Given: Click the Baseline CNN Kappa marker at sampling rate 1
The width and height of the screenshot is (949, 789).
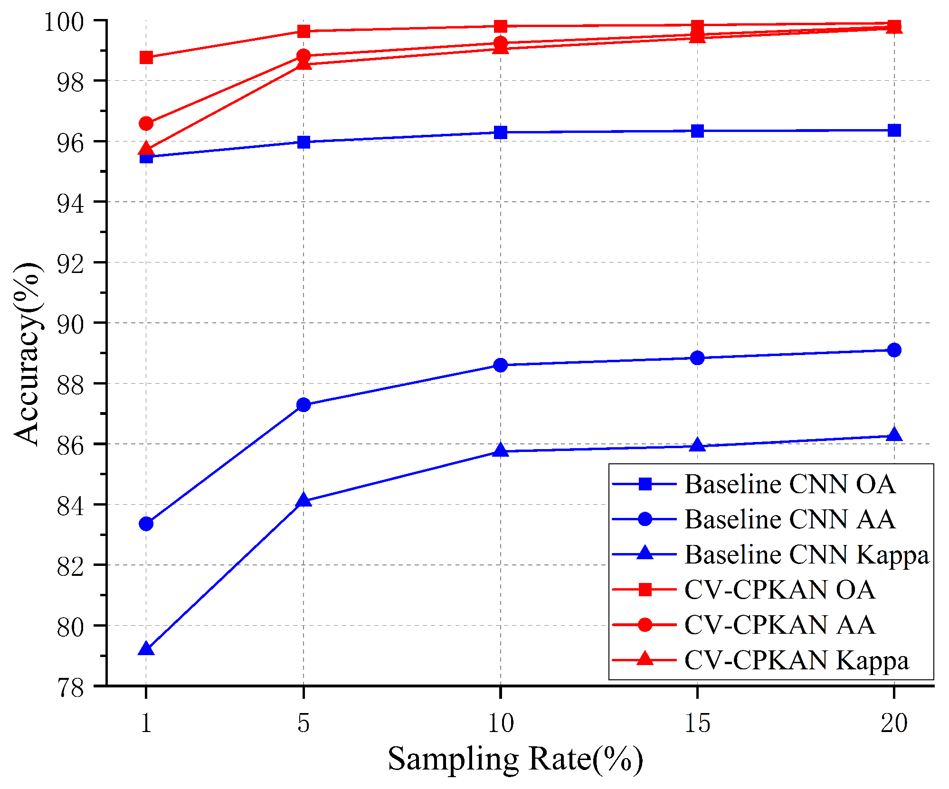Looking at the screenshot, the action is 146,648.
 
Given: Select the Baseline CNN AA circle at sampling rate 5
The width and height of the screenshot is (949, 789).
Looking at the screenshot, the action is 304,405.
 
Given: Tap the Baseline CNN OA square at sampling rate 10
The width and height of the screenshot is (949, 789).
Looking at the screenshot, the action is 500,132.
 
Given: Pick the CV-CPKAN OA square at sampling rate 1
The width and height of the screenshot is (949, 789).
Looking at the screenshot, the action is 146,58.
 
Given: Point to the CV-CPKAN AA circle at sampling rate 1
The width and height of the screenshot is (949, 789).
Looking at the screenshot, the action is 146,123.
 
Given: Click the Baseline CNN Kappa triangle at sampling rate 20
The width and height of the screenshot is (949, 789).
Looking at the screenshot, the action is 894,434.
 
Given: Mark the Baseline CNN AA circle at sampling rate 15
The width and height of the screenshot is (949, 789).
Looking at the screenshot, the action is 697,358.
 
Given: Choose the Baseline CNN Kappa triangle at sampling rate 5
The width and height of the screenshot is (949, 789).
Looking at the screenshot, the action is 304,500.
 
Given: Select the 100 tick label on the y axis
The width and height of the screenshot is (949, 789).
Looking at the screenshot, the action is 64,22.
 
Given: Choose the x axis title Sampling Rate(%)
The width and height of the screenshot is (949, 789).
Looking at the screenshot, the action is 515,760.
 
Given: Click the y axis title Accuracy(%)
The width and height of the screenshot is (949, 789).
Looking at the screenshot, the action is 27,354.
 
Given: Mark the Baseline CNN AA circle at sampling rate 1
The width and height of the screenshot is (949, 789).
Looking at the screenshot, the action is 146,524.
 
